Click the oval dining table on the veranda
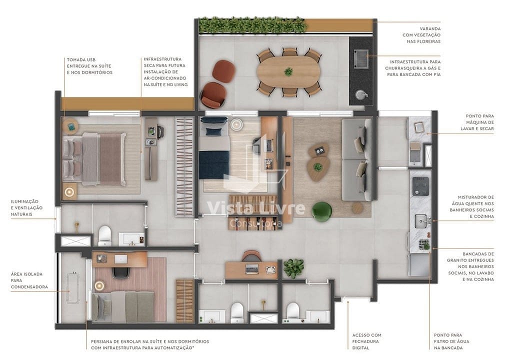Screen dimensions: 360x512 [288, 72]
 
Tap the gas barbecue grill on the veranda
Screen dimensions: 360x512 [361, 58]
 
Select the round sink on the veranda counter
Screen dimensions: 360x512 [360, 94]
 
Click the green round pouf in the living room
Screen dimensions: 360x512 [321, 211]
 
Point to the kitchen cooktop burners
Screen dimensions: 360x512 [419, 186]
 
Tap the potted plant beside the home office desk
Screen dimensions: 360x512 [293, 267]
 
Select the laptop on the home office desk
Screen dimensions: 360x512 [252, 269]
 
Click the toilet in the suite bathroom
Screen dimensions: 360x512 [104, 235]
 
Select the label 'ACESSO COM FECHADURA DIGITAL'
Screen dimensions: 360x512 [366, 341]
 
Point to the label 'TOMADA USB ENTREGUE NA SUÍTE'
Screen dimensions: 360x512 [89, 66]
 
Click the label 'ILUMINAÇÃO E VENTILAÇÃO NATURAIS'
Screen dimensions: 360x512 [27, 207]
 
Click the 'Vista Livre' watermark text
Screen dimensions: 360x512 [255, 208]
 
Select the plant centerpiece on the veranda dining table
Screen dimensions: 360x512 [288, 71]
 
